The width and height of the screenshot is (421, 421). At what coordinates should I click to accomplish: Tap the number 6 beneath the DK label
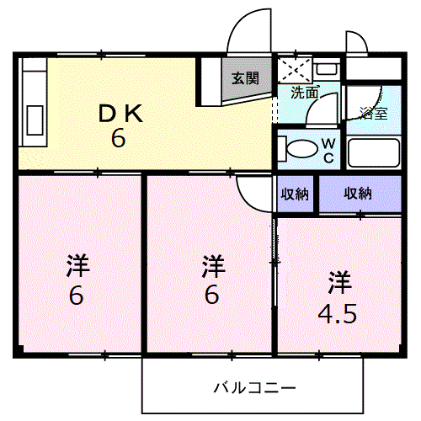click(x=119, y=137)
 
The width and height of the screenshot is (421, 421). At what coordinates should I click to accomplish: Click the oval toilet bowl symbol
click(x=296, y=148)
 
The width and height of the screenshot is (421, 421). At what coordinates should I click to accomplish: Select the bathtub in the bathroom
click(x=374, y=154)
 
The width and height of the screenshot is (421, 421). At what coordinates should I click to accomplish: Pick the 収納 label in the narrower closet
click(x=295, y=194)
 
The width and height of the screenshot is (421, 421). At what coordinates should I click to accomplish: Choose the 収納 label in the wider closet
click(x=357, y=194)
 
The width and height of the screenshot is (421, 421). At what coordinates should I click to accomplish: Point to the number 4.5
click(x=338, y=314)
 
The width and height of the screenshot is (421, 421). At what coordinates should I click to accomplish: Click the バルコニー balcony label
click(x=253, y=388)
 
